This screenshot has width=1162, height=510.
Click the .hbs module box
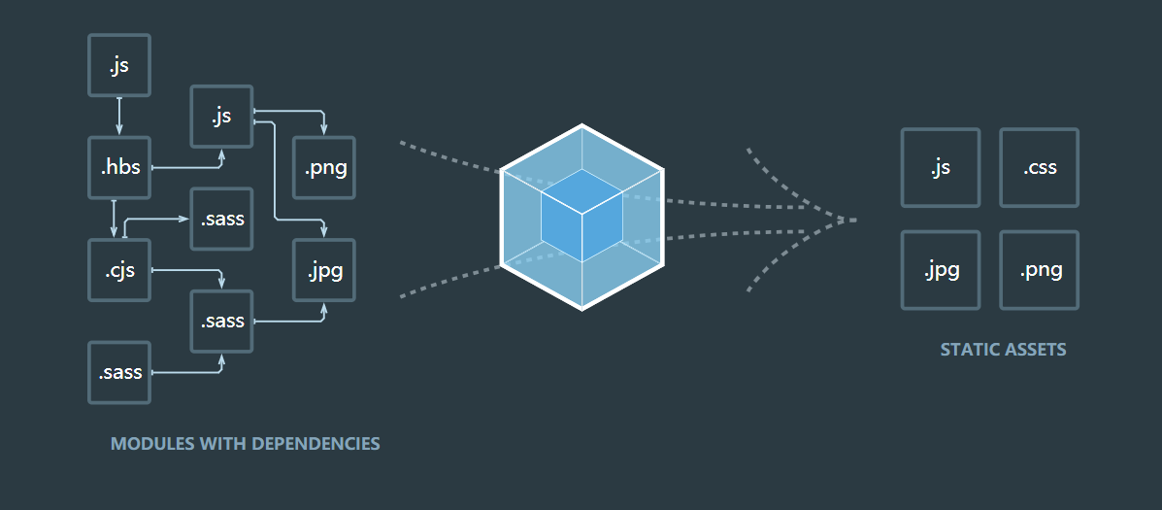click(119, 168)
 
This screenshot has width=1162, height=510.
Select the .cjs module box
click(119, 270)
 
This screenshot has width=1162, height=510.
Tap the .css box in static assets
click(1039, 168)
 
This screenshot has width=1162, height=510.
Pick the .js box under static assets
click(940, 168)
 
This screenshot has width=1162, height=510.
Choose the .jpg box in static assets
click(940, 270)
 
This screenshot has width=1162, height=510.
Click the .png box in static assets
click(1039, 270)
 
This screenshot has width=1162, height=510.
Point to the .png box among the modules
click(324, 168)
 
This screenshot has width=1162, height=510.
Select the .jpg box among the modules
click(324, 270)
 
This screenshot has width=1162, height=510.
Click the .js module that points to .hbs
click(119, 65)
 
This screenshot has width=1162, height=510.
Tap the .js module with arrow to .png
click(221, 117)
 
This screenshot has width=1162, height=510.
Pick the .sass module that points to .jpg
click(221, 322)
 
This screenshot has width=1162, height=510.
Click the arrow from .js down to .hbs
click(119, 117)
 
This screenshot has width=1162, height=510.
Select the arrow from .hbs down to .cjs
click(115, 219)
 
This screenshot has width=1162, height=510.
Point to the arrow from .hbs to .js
click(189, 167)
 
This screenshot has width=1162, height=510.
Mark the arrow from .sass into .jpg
click(291, 321)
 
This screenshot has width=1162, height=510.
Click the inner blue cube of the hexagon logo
click(581, 215)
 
